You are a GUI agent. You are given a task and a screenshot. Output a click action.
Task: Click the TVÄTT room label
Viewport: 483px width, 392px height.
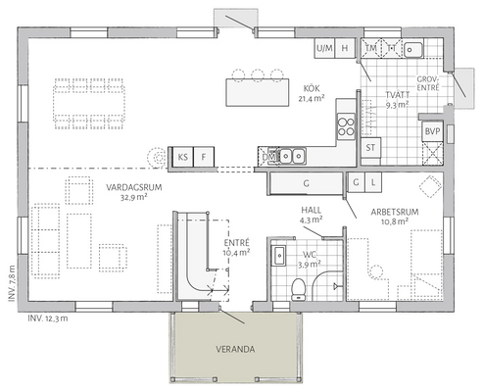click(396, 93)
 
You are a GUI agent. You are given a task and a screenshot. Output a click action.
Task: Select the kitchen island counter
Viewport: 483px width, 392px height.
click(263, 91)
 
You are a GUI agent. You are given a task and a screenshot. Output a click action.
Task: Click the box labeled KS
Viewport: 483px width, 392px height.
click(182, 156)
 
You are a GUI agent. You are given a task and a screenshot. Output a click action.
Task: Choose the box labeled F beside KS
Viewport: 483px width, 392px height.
click(204, 156)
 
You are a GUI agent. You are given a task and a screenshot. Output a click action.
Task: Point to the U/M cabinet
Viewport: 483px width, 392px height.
click(324, 48)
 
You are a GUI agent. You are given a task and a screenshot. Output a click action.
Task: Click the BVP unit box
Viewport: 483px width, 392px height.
click(431, 130)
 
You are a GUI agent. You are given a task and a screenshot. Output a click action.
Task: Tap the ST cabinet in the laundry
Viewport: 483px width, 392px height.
click(370, 148)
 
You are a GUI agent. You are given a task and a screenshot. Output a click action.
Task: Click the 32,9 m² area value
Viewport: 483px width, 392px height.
click(133, 197)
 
